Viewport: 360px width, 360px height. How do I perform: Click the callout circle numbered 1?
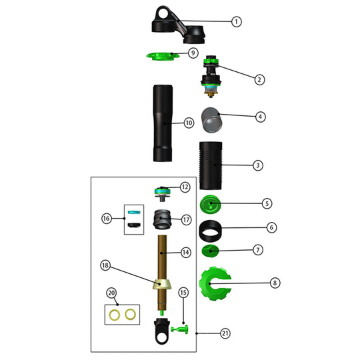pyautogui.click(x=236, y=21)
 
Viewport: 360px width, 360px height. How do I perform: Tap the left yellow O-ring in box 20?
pyautogui.click(x=115, y=313)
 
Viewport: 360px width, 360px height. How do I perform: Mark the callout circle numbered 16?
pyautogui.click(x=106, y=218)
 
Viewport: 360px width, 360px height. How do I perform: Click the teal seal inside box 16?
pyautogui.click(x=134, y=212)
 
